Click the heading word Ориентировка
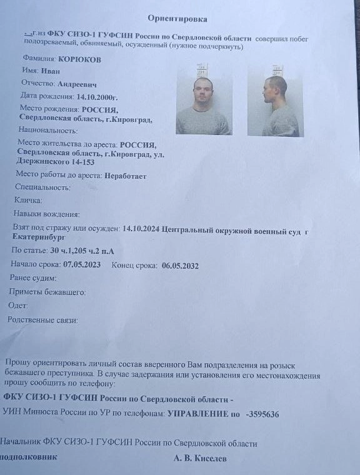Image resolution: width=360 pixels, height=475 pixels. point(177,19)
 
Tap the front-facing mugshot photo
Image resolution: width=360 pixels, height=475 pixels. point(204,99)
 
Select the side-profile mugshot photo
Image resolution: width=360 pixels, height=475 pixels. point(276,101)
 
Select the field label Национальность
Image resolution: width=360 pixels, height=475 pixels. point(48,131)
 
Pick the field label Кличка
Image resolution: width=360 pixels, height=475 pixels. point(28,201)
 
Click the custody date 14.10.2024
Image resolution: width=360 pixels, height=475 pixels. point(141,229)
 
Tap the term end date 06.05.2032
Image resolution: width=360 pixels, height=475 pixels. point(180,265)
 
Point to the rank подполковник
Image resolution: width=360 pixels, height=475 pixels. point(28,457)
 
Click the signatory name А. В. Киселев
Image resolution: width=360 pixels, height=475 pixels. point(200,458)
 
